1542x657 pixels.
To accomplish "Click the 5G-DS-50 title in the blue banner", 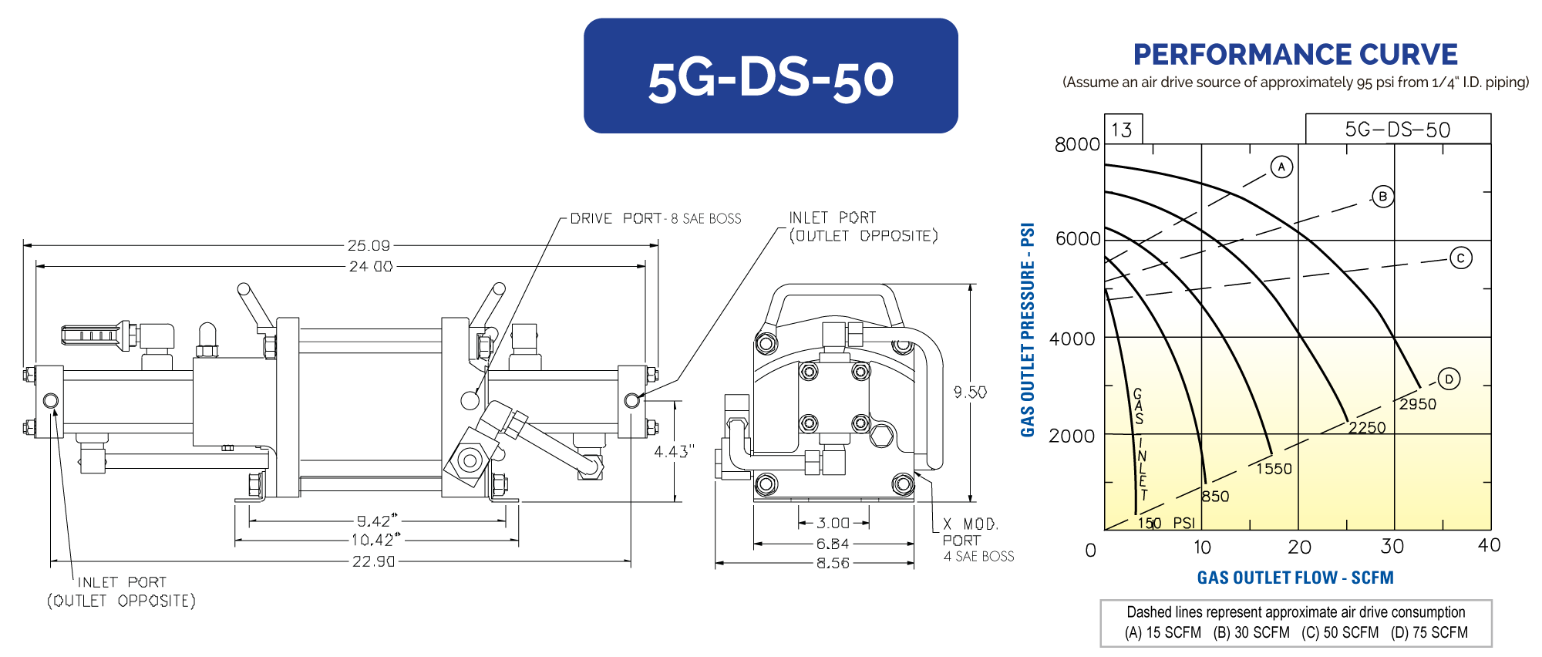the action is coord(770,79).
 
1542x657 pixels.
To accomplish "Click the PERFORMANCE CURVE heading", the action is coord(1295,55).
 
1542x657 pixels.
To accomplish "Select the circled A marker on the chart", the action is coord(1281,167).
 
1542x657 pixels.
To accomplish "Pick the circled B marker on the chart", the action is coord(1383,197).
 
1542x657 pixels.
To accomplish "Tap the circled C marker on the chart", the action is coord(1460,258).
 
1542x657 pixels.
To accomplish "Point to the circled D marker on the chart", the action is coord(1449,379).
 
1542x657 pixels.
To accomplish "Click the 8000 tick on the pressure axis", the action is coord(1077,144).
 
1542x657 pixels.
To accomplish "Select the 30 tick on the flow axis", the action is coord(1392,547).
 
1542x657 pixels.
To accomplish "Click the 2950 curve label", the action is coord(1418,404).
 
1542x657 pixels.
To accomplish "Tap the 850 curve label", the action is coord(1215,497).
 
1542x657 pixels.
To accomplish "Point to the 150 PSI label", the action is coord(1166,523).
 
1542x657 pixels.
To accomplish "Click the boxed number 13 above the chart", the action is coord(1122,130).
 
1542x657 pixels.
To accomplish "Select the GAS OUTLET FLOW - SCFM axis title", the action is coord(1295,578).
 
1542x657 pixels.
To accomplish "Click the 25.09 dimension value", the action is coord(369,245).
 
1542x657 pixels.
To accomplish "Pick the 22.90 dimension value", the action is coord(373,561).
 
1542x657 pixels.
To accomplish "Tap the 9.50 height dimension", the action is coord(970,392).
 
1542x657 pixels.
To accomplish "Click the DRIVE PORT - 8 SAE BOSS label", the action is coord(655,218).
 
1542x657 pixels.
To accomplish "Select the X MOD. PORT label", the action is coord(970,532).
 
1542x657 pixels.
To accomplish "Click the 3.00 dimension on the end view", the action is coord(833,523).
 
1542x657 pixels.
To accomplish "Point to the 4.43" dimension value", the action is coord(674,451).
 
